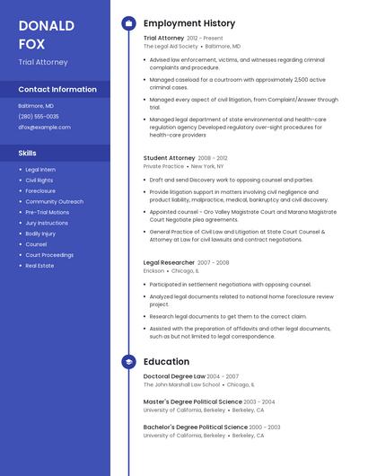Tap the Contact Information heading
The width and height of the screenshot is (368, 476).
(57, 90)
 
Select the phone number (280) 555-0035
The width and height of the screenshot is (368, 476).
(39, 117)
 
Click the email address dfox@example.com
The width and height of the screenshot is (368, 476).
(44, 128)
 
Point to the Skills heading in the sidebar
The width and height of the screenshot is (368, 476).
(28, 154)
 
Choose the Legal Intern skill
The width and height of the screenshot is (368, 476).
(40, 170)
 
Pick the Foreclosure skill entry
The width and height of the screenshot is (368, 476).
(40, 190)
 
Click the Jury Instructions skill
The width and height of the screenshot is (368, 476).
(47, 223)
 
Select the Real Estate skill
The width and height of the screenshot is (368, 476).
(39, 266)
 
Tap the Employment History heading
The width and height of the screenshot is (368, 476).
(188, 23)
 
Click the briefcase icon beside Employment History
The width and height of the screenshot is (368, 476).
(128, 23)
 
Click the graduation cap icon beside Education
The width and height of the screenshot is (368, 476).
(128, 362)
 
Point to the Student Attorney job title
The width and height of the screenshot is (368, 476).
(169, 157)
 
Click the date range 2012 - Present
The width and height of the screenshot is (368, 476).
(205, 39)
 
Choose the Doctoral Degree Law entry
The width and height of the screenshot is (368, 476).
(174, 376)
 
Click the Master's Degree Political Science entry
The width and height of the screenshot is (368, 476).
(192, 401)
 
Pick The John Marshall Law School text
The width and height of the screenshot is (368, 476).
(181, 384)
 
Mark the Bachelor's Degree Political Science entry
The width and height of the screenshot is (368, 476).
(195, 427)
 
